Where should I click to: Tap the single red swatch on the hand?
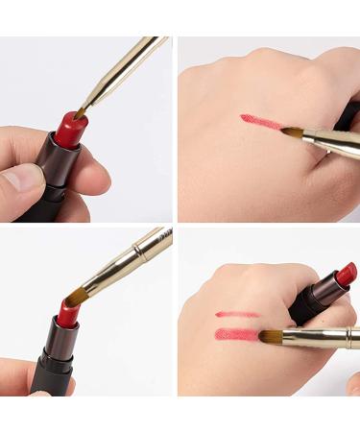click(x=260, y=122)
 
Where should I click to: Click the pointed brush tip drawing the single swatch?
click(x=292, y=132)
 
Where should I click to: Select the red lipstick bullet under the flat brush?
click(x=67, y=313)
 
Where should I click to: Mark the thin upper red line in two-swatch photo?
click(x=236, y=313)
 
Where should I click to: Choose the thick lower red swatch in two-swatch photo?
click(x=240, y=334)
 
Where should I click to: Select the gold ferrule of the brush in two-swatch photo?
click(x=326, y=337)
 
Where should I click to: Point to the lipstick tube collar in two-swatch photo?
click(x=322, y=290)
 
